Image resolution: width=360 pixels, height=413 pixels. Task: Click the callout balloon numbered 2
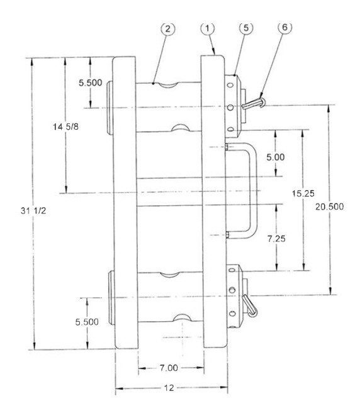point(168,29)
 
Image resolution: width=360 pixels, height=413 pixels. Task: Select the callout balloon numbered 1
point(208,28)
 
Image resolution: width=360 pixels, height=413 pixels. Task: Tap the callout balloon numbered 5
point(246,28)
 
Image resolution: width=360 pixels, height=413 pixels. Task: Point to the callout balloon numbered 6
point(285,27)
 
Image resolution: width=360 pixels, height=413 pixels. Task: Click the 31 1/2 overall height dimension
point(33,211)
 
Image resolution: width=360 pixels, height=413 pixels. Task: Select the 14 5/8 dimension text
point(65,127)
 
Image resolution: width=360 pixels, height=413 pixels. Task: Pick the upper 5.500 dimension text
point(91,82)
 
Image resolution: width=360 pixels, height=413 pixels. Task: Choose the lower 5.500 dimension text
point(87,322)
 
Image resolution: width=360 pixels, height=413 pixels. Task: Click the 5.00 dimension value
point(276,157)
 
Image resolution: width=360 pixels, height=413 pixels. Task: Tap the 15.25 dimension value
point(303,194)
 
